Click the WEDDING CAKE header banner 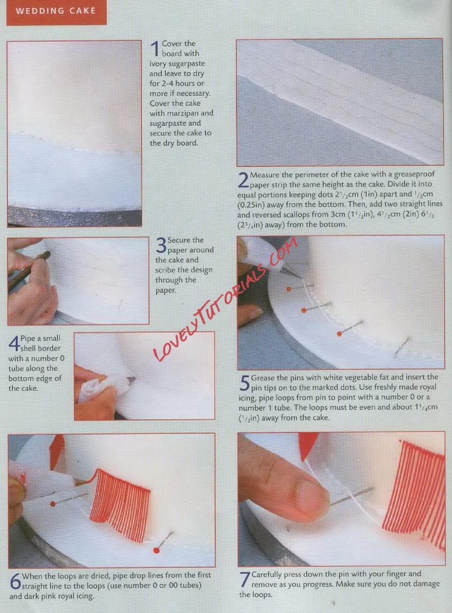click(56, 12)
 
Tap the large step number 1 click(155, 50)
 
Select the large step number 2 click(243, 180)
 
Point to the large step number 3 click(161, 245)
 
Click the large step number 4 click(14, 343)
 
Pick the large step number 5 click(244, 383)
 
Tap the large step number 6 click(15, 581)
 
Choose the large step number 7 click(245, 580)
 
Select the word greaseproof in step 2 click(414, 174)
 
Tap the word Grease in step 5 click(263, 378)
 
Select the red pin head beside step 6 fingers click(53, 504)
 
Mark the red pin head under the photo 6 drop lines click(157, 550)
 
